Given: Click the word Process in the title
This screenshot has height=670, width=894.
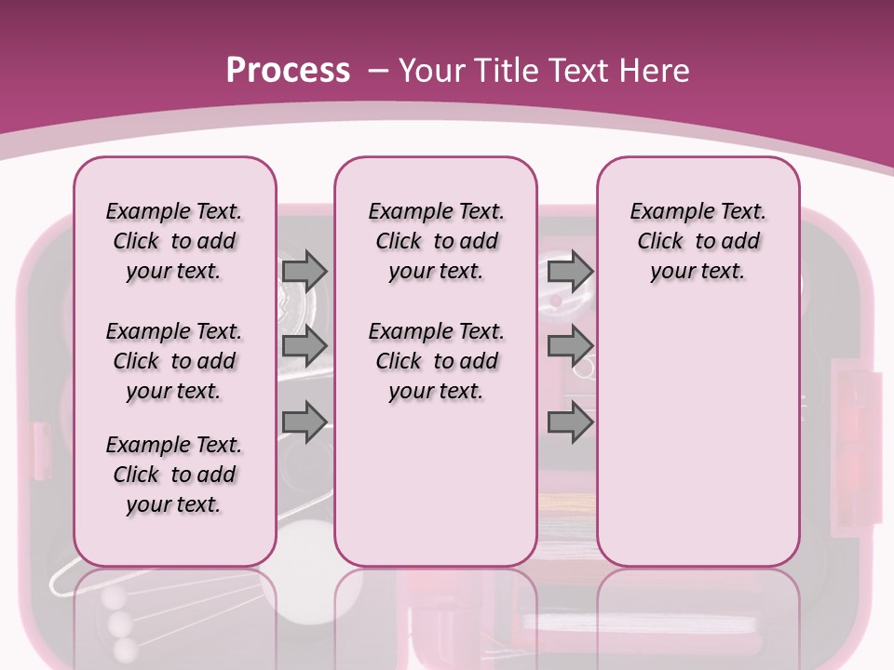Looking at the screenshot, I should pos(288,70).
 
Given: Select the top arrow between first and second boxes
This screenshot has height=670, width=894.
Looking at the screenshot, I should pos(305,271).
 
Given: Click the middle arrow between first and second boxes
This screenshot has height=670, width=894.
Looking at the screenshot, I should pos(305,346).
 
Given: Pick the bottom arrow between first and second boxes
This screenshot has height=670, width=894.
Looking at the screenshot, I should pos(305,422).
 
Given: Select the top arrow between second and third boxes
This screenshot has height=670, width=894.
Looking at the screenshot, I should pos(570,271).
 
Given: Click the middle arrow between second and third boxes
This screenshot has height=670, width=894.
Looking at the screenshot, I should pos(570,346).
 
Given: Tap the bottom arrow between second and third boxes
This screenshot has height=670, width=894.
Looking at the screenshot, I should pos(570,422).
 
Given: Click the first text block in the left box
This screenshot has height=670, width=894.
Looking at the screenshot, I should pos(174,241).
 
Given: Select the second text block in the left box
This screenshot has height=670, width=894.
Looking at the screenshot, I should pos(174,361).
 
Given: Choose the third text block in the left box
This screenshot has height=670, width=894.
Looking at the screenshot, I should pos(174,475).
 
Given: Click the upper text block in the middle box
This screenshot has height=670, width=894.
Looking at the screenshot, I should pos(436,241).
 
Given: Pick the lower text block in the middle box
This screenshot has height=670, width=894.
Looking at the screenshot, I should pos(436,361).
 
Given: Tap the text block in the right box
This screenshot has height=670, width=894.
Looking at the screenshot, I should pos(698,241).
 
